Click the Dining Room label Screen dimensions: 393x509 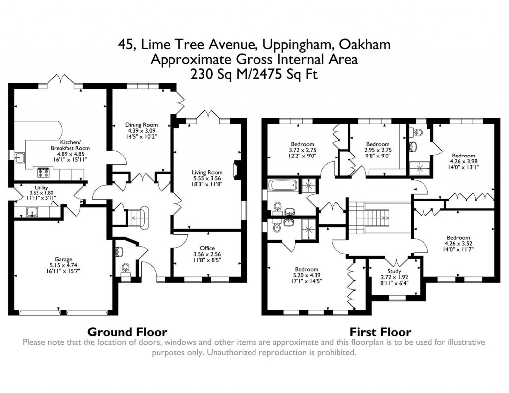coord(140,125)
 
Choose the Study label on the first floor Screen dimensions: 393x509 coord(393,271)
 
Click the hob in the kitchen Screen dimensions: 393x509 coord(43,173)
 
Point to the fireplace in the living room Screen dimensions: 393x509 coord(238,170)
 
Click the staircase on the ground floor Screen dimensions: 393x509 coord(137,216)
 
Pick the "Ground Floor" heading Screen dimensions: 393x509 coord(127,332)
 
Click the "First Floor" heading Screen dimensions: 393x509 coord(380,332)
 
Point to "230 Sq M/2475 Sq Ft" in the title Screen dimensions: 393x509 coord(254,74)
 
